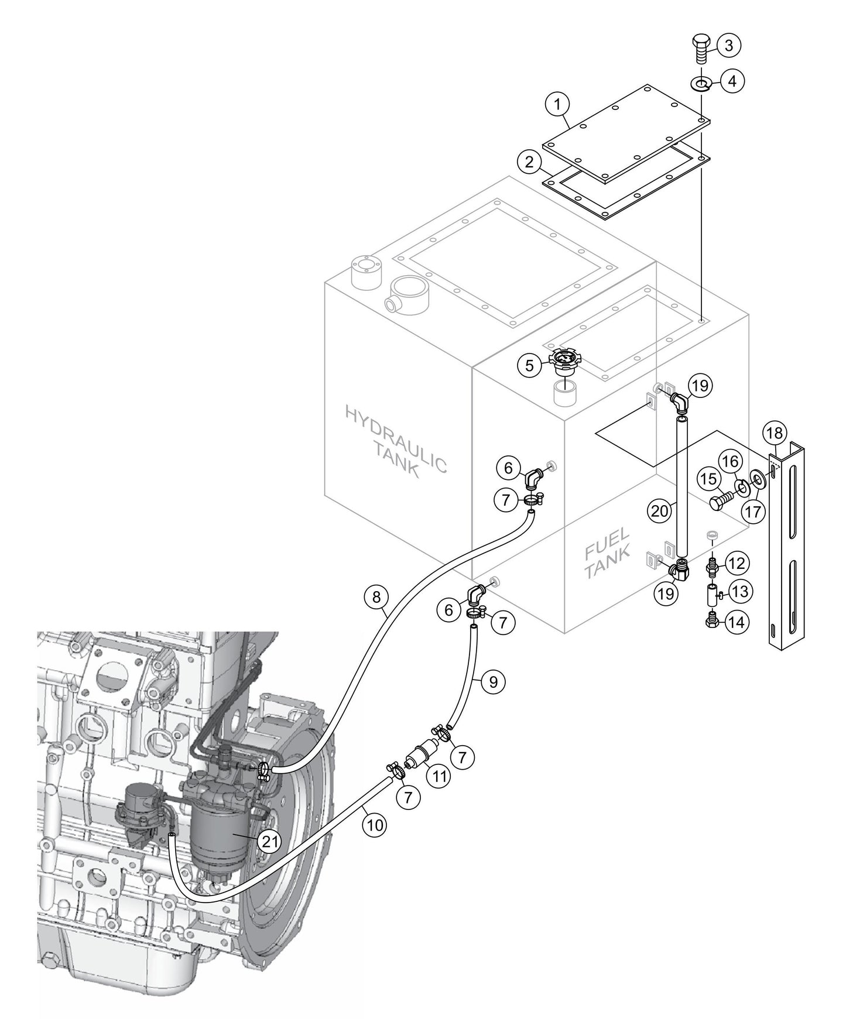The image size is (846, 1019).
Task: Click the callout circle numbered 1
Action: [x=557, y=105]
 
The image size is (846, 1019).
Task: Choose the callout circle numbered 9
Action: [x=493, y=682]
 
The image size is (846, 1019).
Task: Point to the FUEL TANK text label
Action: [x=607, y=553]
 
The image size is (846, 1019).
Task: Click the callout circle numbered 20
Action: [x=659, y=510]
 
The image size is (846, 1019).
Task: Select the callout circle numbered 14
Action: [x=737, y=622]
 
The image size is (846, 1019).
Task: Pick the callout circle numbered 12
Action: [x=737, y=564]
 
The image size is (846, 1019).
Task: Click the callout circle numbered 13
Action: [x=739, y=592]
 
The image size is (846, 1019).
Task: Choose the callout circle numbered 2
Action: [x=529, y=162]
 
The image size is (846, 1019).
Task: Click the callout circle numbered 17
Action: [x=753, y=512]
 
